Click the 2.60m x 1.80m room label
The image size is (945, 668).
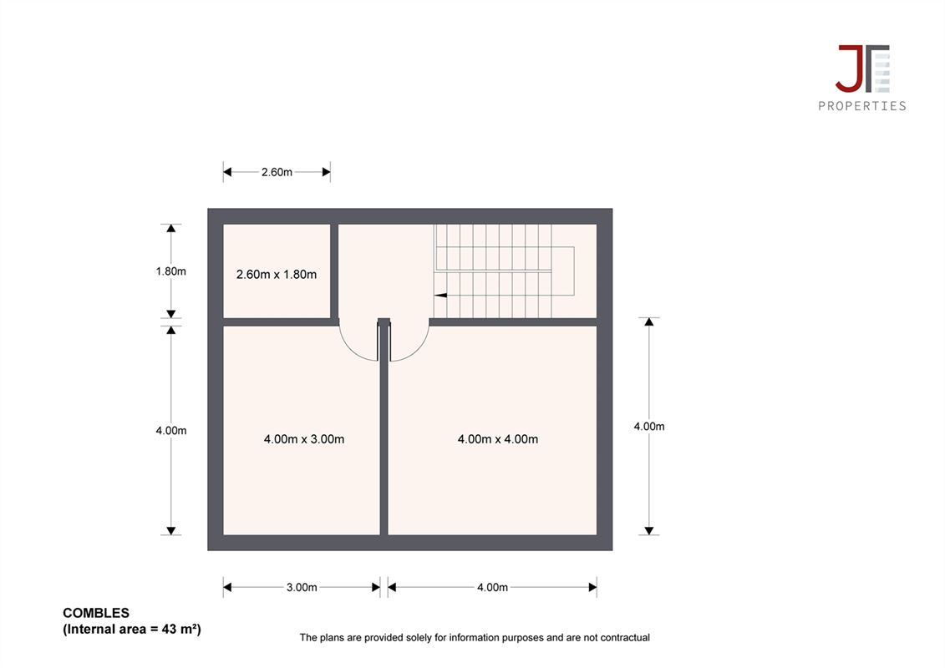pos(276,275)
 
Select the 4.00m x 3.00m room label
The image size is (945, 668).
pos(304,439)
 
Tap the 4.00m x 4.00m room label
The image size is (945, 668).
pos(498,439)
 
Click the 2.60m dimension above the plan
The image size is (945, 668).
pos(277,172)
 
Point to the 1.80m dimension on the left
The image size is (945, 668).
pos(171,271)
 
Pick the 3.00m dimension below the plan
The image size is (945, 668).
pos(302,587)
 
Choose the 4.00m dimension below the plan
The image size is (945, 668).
pos(492,587)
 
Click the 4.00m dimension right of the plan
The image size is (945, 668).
pos(649,427)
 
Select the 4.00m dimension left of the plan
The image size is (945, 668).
pos(171,431)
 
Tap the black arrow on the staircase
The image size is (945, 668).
pos(440,295)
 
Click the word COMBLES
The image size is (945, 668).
pos(96,613)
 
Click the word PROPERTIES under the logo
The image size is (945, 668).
pos(861,106)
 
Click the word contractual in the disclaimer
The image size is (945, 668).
pos(626,637)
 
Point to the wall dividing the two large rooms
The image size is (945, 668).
pos(384,431)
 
